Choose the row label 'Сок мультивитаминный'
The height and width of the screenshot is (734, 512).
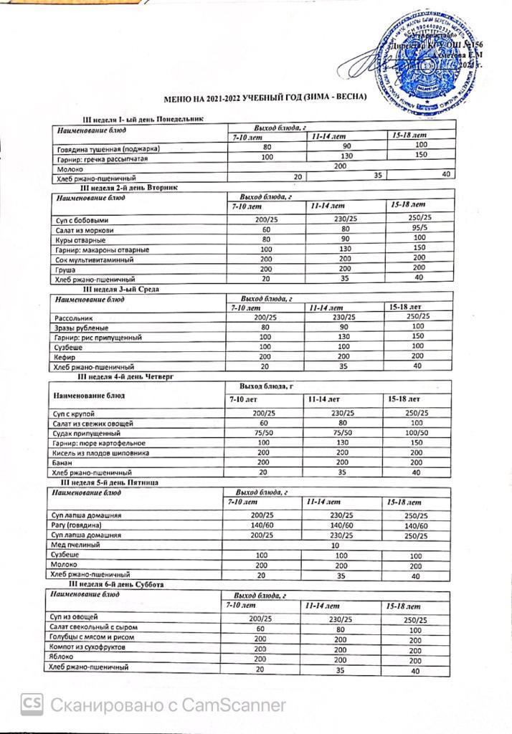[x=93, y=259]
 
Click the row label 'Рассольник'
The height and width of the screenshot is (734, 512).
[x=72, y=317]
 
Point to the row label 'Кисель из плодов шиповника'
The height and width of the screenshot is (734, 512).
[x=101, y=454]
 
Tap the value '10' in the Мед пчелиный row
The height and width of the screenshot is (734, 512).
[x=334, y=545]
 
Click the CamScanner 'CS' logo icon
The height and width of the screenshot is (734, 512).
[x=31, y=705]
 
